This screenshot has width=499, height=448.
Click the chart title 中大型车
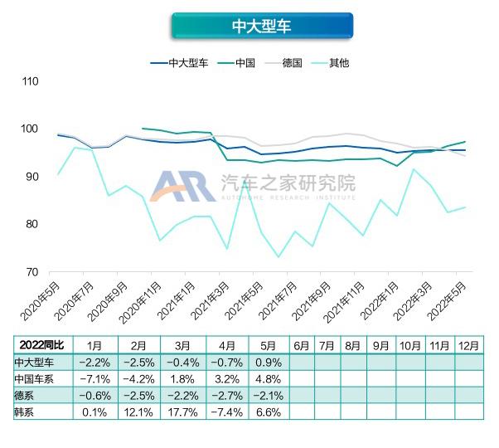(261, 26)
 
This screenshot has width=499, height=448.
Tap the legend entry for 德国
(291, 62)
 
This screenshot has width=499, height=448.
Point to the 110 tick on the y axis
(31, 81)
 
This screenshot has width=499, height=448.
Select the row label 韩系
(25, 411)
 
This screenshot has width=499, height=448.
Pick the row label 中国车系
(34, 378)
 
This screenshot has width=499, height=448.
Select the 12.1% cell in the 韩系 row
(137, 411)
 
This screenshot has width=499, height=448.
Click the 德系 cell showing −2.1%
(268, 395)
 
